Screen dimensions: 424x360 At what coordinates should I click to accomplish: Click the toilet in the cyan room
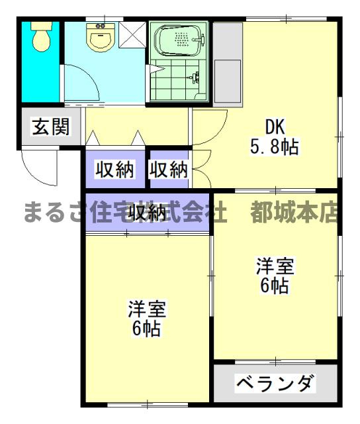(41, 38)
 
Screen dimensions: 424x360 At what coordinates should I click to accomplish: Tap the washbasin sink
(101, 37)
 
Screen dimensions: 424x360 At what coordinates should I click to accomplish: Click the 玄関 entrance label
(50, 127)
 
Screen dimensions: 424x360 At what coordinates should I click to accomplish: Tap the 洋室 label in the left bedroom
(147, 309)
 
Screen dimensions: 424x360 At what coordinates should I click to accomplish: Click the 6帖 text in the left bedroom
(147, 329)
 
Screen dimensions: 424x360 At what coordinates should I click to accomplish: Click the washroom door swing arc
(83, 83)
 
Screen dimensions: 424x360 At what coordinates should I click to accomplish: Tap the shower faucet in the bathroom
(194, 78)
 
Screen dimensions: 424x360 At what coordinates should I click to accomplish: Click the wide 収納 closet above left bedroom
(147, 213)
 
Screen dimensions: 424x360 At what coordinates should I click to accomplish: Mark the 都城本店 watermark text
(294, 212)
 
